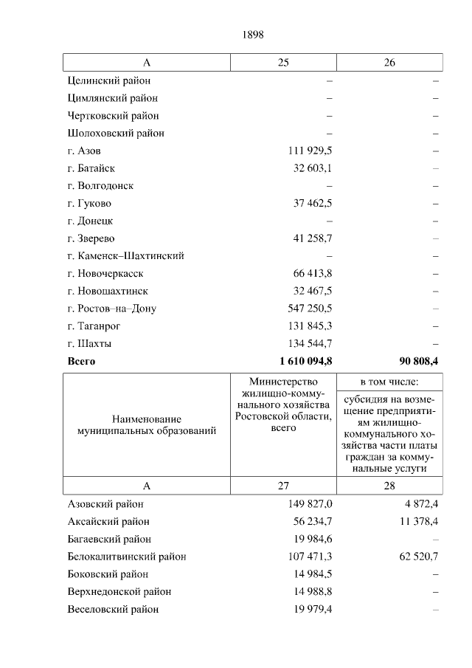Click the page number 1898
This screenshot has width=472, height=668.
pyautogui.click(x=252, y=35)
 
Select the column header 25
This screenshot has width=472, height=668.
pyautogui.click(x=283, y=63)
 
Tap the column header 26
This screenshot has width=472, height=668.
pyautogui.click(x=389, y=63)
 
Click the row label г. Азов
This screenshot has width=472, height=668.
pyautogui.click(x=84, y=151)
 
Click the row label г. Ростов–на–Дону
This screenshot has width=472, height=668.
pyautogui.click(x=111, y=309)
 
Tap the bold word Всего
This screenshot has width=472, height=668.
pyautogui.click(x=81, y=362)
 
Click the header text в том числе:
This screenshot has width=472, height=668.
pyautogui.click(x=389, y=382)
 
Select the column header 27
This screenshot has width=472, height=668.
pyautogui.click(x=283, y=486)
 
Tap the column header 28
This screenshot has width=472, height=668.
pyautogui.click(x=389, y=486)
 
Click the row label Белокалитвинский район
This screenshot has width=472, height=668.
pyautogui.click(x=126, y=557)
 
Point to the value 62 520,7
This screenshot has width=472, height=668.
pyautogui.click(x=420, y=557)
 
